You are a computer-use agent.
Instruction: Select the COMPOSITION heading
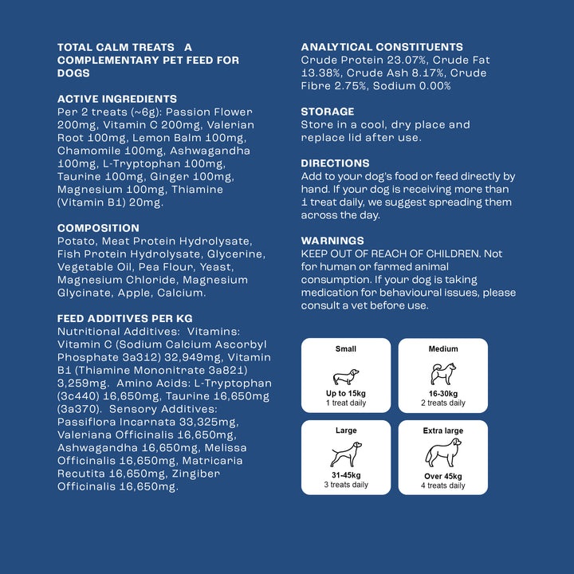98,228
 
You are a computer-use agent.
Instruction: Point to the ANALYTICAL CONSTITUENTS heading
382,47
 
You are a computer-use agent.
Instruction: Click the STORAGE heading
328,112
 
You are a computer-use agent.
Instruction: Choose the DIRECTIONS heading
335,163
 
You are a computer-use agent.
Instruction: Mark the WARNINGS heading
332,241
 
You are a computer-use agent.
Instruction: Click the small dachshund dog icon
345,376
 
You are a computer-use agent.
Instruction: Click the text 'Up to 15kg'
346,394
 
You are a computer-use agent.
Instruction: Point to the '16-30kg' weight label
443,394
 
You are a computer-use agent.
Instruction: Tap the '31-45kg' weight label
346,475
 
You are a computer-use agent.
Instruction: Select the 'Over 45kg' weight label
443,476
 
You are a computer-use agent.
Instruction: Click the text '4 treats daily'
443,486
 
